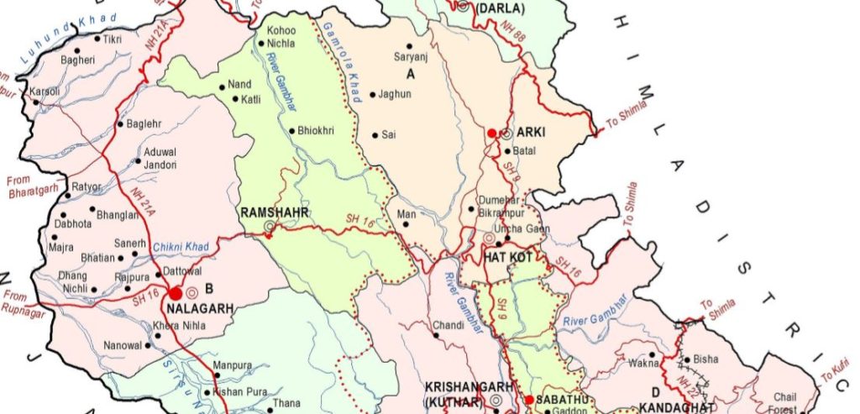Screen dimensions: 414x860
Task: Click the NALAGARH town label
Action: (201, 308)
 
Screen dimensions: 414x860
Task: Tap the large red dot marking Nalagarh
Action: (176, 294)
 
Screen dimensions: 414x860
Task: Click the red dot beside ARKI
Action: (492, 133)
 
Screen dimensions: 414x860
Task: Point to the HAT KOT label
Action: (508, 257)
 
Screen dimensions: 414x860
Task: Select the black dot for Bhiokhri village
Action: (291, 131)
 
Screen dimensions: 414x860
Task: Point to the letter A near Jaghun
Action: (411, 74)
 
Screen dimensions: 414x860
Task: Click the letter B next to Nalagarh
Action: (200, 292)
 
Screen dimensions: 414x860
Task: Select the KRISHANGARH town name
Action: (469, 386)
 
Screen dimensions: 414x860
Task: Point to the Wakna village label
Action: (642, 364)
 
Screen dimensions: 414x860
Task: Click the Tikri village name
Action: (113, 39)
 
